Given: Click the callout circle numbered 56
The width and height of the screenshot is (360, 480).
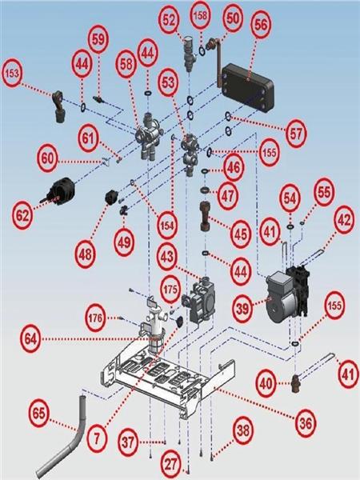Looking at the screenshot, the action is [x=261, y=25].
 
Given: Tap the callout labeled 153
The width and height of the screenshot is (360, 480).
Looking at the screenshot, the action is [x=12, y=74].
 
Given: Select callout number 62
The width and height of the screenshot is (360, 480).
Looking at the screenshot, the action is [x=22, y=215].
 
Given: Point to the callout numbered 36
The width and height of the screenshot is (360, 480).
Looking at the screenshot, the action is [x=306, y=423].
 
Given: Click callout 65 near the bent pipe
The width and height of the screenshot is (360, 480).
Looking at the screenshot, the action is [x=39, y=414].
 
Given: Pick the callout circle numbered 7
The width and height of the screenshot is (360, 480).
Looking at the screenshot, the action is [x=97, y=438].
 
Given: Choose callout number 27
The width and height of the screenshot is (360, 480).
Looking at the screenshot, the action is [x=171, y=464].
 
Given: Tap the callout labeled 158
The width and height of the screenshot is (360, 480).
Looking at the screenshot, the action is [x=201, y=16].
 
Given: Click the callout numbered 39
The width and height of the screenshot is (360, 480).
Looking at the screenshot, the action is [x=243, y=308].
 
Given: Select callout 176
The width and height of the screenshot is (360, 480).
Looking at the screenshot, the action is [x=95, y=318].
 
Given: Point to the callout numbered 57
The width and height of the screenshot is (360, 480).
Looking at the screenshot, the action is [x=296, y=134].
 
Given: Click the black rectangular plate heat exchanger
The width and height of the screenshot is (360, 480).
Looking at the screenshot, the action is [x=247, y=87].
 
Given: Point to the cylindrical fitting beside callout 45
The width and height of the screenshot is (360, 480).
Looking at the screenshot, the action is [x=205, y=216].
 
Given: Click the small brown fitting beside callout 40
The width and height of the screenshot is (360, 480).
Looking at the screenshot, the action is [x=295, y=383].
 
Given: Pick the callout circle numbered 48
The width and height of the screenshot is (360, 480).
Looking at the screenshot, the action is [x=85, y=254].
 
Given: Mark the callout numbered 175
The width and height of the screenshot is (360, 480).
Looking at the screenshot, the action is [x=170, y=289].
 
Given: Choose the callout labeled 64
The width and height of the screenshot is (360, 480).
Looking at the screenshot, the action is [x=30, y=339].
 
